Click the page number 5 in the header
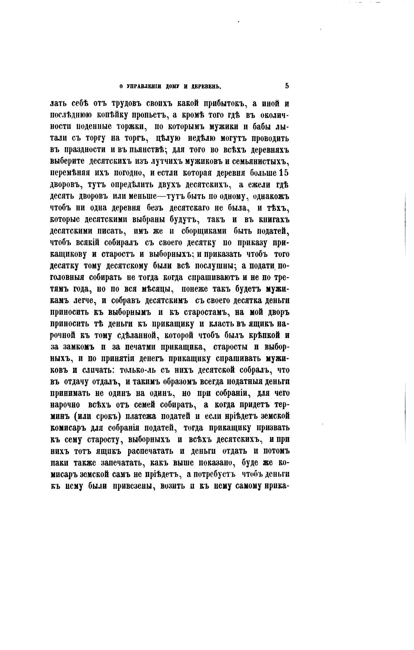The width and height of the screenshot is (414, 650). click(x=287, y=86)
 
